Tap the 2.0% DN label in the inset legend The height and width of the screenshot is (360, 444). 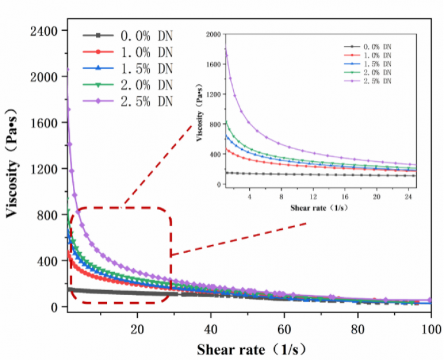(x=377, y=72)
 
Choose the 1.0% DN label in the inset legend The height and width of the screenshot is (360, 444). (x=377, y=55)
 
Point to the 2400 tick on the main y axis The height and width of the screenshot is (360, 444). (x=44, y=31)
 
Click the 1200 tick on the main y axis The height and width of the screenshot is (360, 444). (x=44, y=169)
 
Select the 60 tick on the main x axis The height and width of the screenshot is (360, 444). (x=284, y=330)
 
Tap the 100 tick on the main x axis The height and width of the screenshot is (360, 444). (x=431, y=330)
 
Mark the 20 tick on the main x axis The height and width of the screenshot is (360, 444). (x=137, y=330)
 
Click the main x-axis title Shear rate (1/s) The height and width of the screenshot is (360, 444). (x=252, y=349)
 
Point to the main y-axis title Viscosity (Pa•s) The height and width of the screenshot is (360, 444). (x=12, y=163)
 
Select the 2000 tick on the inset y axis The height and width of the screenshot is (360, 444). (x=213, y=34)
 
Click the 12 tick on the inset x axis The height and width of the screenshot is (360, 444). (x=313, y=197)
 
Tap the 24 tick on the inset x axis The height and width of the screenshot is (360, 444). (x=408, y=197)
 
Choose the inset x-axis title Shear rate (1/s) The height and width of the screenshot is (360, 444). (x=319, y=208)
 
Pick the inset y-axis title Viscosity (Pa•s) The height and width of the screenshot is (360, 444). (x=200, y=112)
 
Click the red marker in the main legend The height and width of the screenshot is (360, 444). (x=98, y=52)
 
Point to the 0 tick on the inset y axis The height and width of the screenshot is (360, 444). (x=219, y=184)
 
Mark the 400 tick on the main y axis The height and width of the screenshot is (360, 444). (x=47, y=261)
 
